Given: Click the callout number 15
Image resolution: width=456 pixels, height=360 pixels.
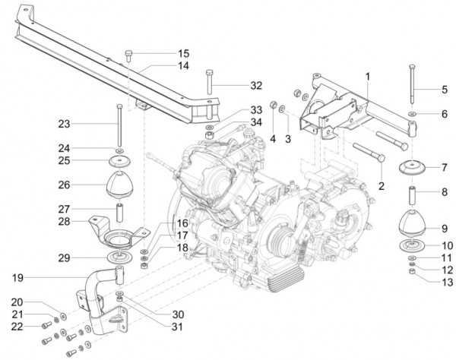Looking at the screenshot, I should tap(183, 54).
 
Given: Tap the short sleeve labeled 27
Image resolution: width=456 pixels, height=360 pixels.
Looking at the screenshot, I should tap(120, 209).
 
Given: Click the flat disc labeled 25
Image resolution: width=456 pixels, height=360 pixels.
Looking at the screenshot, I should tap(119, 161).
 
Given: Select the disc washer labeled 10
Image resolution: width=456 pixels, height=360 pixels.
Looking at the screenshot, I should tap(411, 245).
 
